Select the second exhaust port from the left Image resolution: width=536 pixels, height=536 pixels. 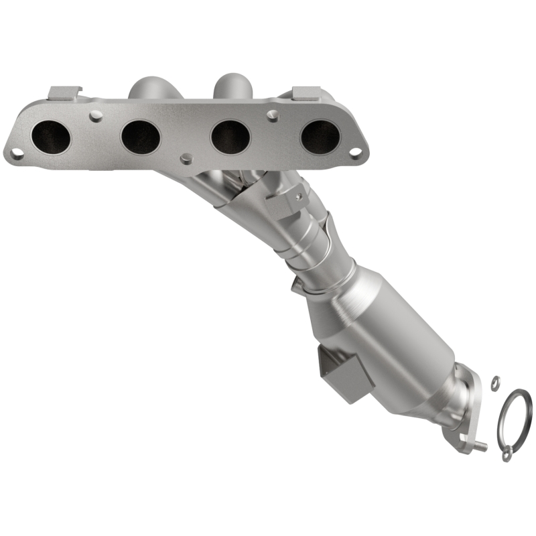(x=141, y=137)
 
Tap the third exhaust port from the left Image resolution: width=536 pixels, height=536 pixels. (x=230, y=137)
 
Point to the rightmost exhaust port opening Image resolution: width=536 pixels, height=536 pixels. (x=320, y=137)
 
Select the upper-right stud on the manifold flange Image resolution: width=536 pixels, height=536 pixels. (x=271, y=115)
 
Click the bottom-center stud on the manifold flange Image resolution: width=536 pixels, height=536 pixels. (x=185, y=158)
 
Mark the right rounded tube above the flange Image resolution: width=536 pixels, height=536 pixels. (x=231, y=88)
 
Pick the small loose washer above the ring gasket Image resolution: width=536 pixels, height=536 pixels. (x=494, y=382)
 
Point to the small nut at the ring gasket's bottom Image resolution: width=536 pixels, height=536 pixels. (x=507, y=456)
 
